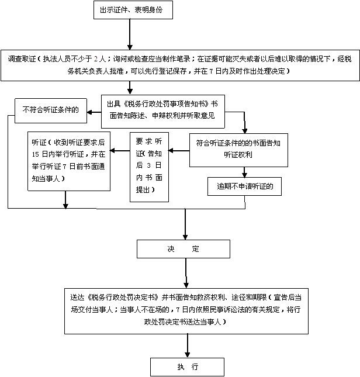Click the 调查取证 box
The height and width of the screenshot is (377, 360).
[179, 64]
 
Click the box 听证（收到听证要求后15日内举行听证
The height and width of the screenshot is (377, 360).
[68, 161]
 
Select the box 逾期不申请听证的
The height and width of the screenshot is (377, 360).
[245, 187]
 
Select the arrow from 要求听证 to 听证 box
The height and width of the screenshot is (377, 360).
[120, 153]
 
